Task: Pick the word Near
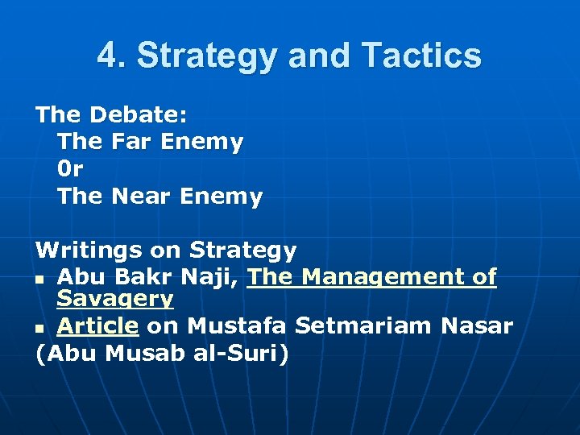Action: [141, 197]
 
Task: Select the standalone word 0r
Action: [70, 169]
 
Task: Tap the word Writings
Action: [85, 251]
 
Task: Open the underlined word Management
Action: [385, 278]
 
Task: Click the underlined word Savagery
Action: [114, 300]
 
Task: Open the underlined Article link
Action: [97, 326]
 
